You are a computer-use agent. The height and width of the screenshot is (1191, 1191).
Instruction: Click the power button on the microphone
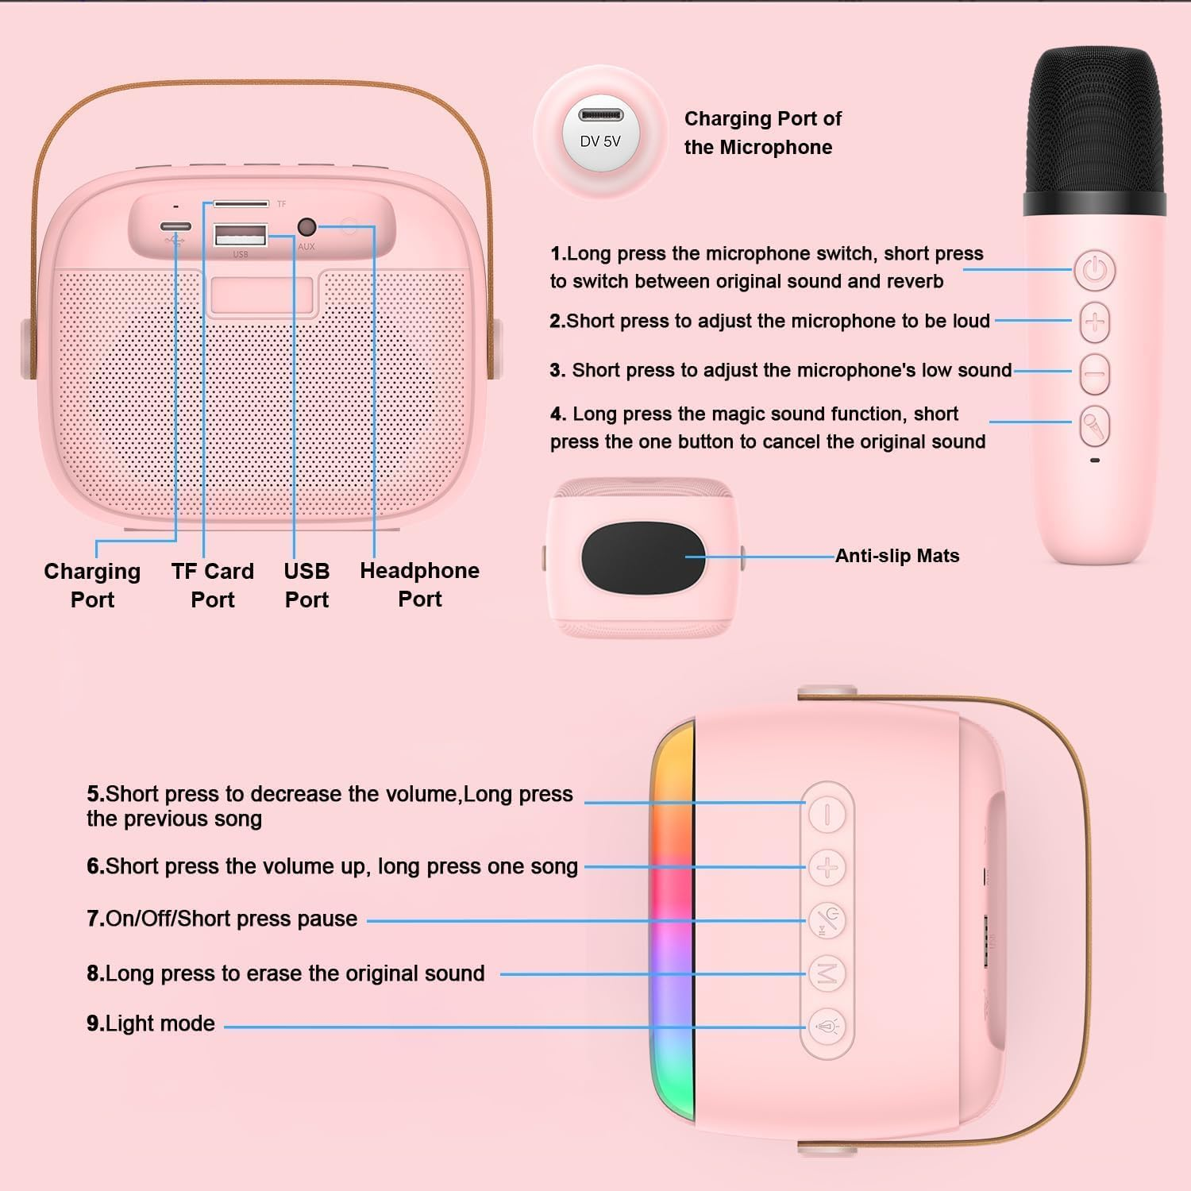coord(1095,270)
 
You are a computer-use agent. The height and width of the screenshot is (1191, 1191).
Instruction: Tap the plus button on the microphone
coord(1095,322)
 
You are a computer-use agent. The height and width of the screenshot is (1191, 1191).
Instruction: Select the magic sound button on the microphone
coord(1095,426)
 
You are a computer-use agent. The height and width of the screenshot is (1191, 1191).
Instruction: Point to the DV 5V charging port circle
coord(600,132)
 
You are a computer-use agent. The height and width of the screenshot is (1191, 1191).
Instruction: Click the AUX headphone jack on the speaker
coord(306,227)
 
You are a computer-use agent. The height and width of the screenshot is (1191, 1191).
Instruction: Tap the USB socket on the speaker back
coord(241,235)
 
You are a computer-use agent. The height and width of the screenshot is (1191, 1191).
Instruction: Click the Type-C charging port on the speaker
coord(175,227)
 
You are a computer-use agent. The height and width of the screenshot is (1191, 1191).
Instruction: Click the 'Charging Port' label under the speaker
coord(92,585)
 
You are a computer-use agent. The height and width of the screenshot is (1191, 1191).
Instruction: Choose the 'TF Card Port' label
coord(213,585)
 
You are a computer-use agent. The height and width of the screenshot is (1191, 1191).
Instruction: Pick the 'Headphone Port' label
coord(419,584)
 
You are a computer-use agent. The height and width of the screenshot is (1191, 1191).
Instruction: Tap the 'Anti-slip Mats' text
coord(897,556)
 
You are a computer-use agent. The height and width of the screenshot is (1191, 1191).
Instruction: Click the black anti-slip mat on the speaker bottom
coord(643,557)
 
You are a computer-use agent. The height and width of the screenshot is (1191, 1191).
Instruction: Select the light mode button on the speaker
coord(827,1027)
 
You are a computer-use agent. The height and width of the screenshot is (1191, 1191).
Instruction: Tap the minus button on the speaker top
coord(827,815)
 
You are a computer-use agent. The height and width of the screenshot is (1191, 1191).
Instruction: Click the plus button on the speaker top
coord(827,867)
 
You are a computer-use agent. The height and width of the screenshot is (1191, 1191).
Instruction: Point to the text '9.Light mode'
coord(151,1023)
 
